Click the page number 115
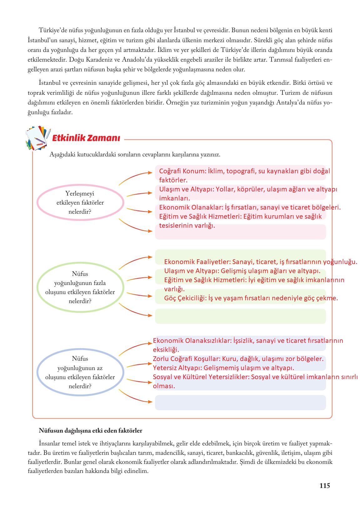[324, 485]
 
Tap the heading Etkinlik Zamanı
[86, 138]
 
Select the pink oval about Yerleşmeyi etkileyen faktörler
[80, 202]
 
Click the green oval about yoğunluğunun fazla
[80, 287]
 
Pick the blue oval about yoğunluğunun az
[80, 372]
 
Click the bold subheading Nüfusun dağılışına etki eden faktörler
[90, 430]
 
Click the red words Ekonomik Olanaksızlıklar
[192, 341]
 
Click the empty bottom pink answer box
[240, 232]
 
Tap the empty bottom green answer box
[240, 316]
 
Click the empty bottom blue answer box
[240, 403]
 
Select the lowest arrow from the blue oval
[135, 397]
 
